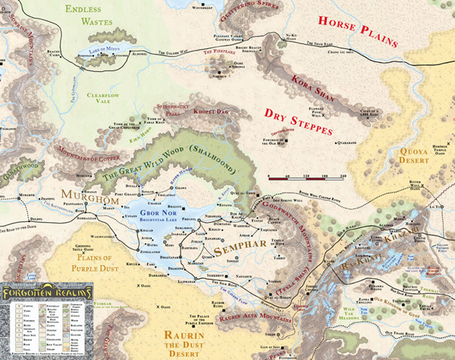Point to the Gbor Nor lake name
(x=144, y=213)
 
